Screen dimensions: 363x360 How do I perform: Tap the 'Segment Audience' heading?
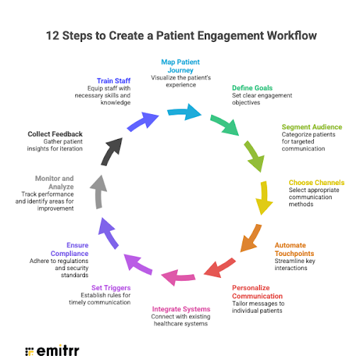(x=311, y=127)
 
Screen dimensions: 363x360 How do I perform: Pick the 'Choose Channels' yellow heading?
(x=316, y=183)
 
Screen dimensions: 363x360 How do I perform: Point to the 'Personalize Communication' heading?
(x=257, y=291)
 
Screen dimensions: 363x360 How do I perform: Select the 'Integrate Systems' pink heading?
(x=181, y=309)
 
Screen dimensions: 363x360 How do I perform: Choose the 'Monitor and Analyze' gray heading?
(x=55, y=182)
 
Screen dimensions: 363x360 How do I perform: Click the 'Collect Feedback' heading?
(x=55, y=133)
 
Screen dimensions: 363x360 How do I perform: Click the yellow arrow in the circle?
(x=264, y=198)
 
